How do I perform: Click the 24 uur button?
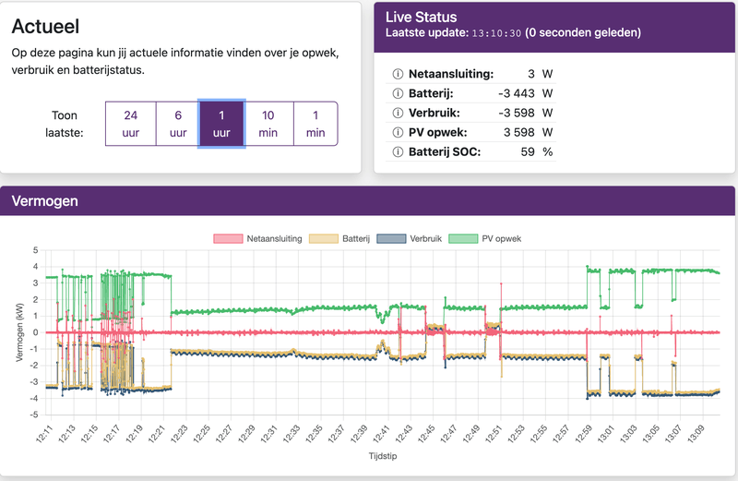pyautogui.click(x=130, y=124)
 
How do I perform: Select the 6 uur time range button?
pyautogui.click(x=176, y=124)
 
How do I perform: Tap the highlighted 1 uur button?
pyautogui.click(x=221, y=124)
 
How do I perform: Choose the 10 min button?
pyautogui.click(x=268, y=124)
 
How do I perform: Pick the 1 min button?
pyautogui.click(x=315, y=124)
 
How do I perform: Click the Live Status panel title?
pyautogui.click(x=421, y=17)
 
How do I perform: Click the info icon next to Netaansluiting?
pyautogui.click(x=399, y=74)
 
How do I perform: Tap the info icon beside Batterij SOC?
pyautogui.click(x=399, y=151)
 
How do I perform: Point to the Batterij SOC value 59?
pyautogui.click(x=528, y=151)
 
